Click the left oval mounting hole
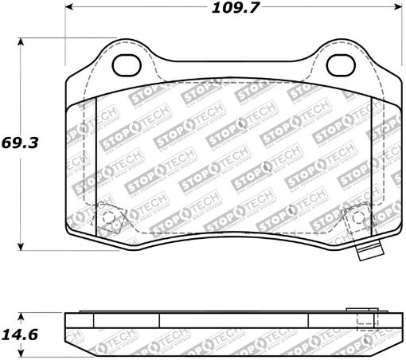[x=126, y=64]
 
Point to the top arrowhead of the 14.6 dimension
[x=21, y=313]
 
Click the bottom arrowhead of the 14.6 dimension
[x=21, y=354]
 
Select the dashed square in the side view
[x=364, y=323]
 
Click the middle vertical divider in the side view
[x=159, y=321]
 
